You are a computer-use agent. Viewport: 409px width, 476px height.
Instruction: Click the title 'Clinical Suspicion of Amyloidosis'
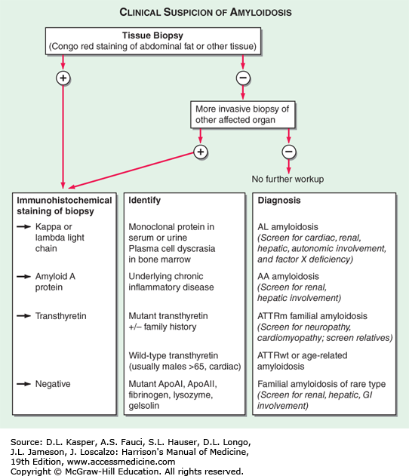point(205,12)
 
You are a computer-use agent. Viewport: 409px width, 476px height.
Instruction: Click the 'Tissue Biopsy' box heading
point(152,35)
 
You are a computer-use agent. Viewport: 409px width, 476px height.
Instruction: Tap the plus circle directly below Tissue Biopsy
point(63,78)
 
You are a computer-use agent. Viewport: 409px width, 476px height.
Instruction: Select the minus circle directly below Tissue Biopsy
point(243,78)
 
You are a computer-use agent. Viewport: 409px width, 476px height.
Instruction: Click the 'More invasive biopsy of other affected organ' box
point(242,115)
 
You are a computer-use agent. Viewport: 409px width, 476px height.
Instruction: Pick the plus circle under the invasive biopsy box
point(201,152)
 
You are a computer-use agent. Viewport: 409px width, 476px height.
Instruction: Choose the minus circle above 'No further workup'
point(289,152)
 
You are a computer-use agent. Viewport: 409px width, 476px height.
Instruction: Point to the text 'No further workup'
point(288,179)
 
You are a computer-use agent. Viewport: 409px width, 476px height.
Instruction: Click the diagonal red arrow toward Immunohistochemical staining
point(131,170)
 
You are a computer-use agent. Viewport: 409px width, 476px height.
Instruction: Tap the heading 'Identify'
point(145,201)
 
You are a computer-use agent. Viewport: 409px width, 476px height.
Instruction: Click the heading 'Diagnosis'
point(279,201)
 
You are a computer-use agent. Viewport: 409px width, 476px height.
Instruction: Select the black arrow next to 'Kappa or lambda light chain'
point(23,227)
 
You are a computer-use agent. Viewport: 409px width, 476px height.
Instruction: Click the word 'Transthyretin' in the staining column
point(60,316)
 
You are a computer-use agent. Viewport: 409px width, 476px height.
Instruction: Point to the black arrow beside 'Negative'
point(23,384)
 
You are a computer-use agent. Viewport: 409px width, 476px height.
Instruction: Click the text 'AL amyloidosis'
point(288,227)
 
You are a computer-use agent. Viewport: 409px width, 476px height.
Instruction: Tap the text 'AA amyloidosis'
point(288,276)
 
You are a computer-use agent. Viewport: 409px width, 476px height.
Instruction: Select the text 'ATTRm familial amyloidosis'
point(312,316)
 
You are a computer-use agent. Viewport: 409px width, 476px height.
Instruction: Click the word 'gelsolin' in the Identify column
point(143,406)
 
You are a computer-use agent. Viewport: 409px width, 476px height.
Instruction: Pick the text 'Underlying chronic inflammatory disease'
point(171,281)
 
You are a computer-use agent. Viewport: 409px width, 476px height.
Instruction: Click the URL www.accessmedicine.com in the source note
point(121,462)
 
